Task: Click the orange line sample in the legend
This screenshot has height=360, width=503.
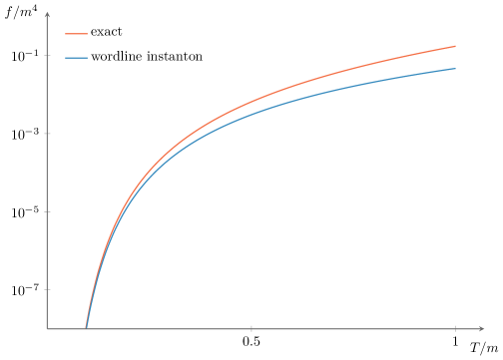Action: tap(77, 34)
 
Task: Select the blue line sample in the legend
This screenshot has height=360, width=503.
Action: tap(77, 58)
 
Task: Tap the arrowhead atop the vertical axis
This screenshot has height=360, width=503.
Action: tap(47, 15)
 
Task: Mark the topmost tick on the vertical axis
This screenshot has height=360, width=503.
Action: tap(47, 56)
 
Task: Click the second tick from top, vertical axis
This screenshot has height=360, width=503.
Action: tap(47, 134)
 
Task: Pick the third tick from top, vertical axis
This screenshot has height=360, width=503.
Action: tap(47, 211)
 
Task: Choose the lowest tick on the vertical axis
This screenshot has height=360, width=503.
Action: tap(47, 289)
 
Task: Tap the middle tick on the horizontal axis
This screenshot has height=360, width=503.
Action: tap(251, 328)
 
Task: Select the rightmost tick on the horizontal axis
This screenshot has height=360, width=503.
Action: tap(456, 328)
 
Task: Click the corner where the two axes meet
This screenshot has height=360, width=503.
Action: tap(47, 328)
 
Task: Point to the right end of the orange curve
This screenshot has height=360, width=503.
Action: tap(456, 46)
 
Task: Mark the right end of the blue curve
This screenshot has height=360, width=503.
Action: tap(456, 69)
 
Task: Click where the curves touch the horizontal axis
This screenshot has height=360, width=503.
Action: tap(86, 327)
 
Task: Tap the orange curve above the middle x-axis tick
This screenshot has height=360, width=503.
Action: tap(251, 102)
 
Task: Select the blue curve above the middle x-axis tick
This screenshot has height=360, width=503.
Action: tap(251, 112)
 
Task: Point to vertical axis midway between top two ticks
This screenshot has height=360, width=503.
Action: tap(47, 95)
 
